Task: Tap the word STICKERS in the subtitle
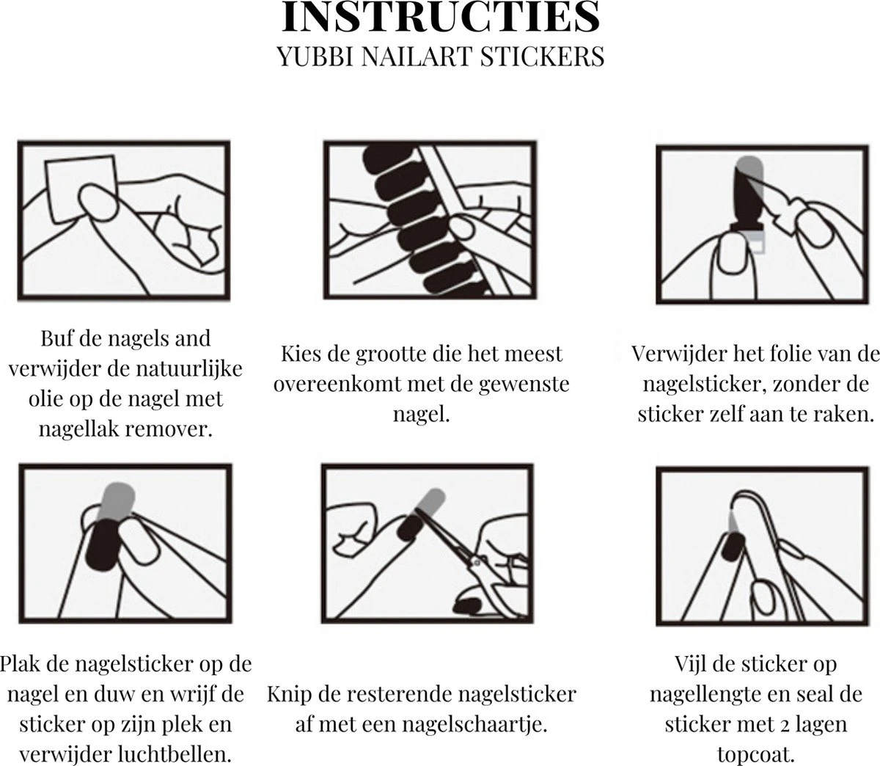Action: (x=542, y=56)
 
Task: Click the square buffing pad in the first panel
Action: (x=81, y=189)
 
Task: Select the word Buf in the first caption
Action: (x=56, y=338)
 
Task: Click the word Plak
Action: (x=20, y=663)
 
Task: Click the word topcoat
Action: (x=755, y=755)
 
